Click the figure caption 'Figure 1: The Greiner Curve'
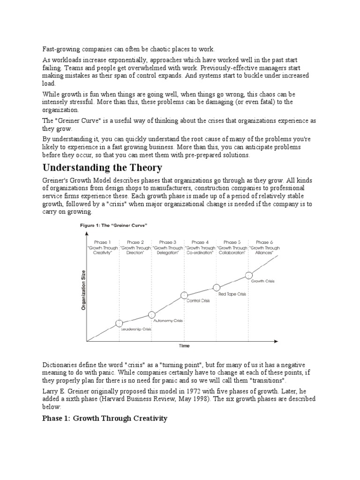click(114, 225)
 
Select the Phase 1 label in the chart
click(103, 242)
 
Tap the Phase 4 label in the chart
click(200, 242)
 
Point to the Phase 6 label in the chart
click(262, 242)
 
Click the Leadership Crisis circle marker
click(119, 323)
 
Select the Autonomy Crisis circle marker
click(151, 315)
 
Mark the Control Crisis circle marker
click(185, 295)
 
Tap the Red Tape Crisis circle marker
click(217, 287)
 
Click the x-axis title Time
click(184, 346)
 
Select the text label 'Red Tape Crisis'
click(232, 294)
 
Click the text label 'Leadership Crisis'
click(135, 330)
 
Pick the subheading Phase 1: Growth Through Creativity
click(105, 418)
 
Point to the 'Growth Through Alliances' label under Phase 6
click(264, 250)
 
